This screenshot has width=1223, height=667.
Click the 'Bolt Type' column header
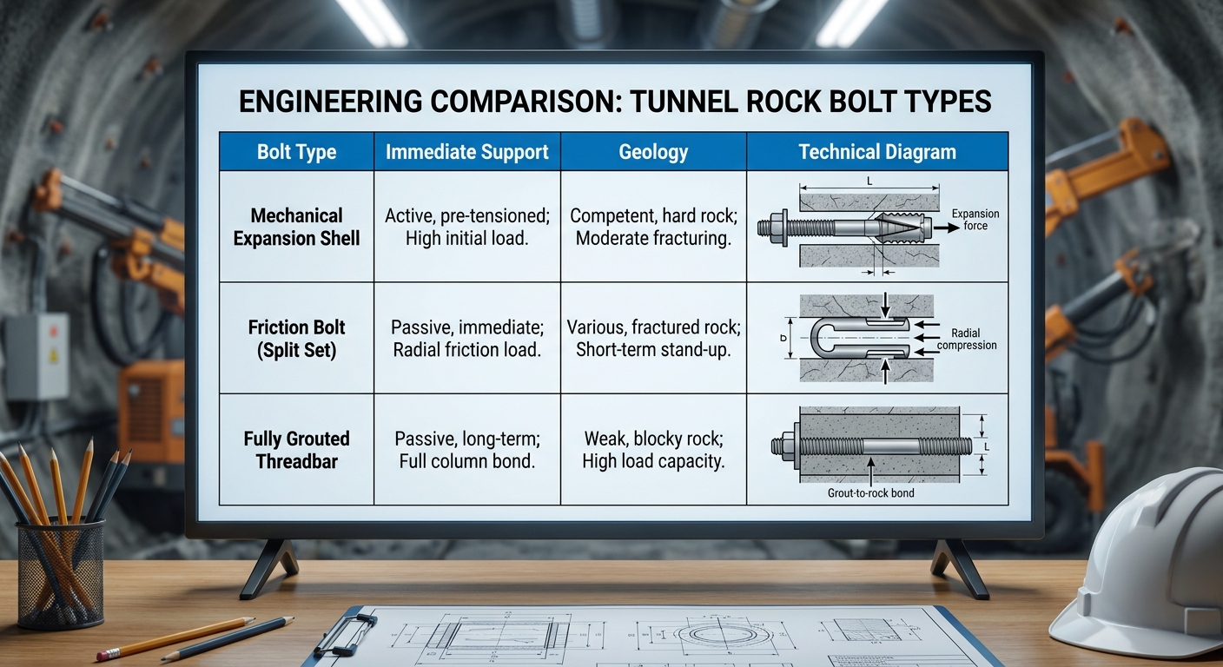pyautogui.click(x=296, y=152)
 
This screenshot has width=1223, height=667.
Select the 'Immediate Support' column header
pyautogui.click(x=466, y=152)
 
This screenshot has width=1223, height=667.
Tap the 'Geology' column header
pyautogui.click(x=653, y=152)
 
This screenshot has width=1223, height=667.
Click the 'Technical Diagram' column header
pyautogui.click(x=877, y=152)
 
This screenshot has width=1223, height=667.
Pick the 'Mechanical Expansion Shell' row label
pyautogui.click(x=296, y=227)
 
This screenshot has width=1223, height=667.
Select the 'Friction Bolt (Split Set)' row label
pyautogui.click(x=296, y=339)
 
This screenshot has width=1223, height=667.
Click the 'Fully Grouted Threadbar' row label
pyautogui.click(x=296, y=450)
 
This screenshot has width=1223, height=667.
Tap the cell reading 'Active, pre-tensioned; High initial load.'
pyautogui.click(x=466, y=227)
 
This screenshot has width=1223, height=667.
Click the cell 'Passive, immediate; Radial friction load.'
pyautogui.click(x=466, y=339)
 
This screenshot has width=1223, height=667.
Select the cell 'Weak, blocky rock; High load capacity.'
pyautogui.click(x=653, y=450)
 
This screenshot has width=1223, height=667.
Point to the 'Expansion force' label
pyautogui.click(x=975, y=220)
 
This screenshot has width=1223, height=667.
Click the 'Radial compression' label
pyautogui.click(x=967, y=339)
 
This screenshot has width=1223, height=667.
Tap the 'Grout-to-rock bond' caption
pyautogui.click(x=870, y=493)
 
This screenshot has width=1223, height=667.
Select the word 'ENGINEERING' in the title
pyautogui.click(x=330, y=102)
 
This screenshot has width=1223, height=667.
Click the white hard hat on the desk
pyautogui.click(x=1144, y=562)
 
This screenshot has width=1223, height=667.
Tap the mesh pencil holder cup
pyautogui.click(x=60, y=572)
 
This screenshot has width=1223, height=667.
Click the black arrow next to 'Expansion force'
pyautogui.click(x=946, y=227)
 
